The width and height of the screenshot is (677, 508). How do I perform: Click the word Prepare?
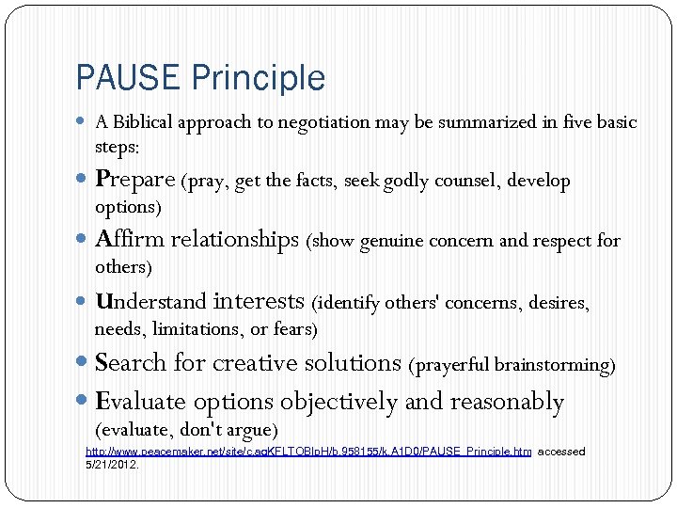(135, 180)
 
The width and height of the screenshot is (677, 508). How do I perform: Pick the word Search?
(130, 363)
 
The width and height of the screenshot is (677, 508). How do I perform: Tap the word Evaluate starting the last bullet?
(141, 403)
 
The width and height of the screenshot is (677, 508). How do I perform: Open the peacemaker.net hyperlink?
(308, 452)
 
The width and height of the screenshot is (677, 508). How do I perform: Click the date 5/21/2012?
(112, 465)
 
